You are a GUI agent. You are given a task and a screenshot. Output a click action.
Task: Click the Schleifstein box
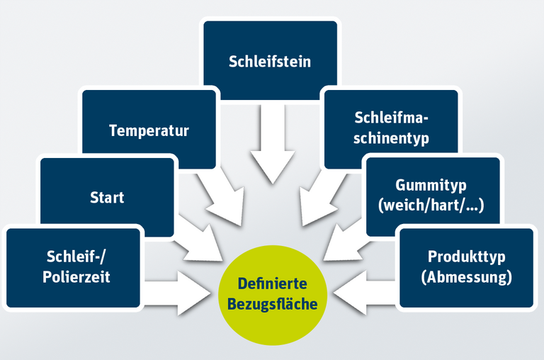coord(270,60)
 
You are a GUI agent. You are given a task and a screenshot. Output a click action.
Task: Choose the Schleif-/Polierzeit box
coord(74,267)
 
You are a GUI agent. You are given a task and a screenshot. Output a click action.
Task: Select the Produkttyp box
coord(466,267)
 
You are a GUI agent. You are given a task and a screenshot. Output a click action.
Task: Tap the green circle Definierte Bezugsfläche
coord(273,295)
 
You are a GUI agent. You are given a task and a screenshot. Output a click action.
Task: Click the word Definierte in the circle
coord(273,285)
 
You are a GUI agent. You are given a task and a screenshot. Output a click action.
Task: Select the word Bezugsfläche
coord(273,304)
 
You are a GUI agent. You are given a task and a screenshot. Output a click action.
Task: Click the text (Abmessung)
coord(466,277)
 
